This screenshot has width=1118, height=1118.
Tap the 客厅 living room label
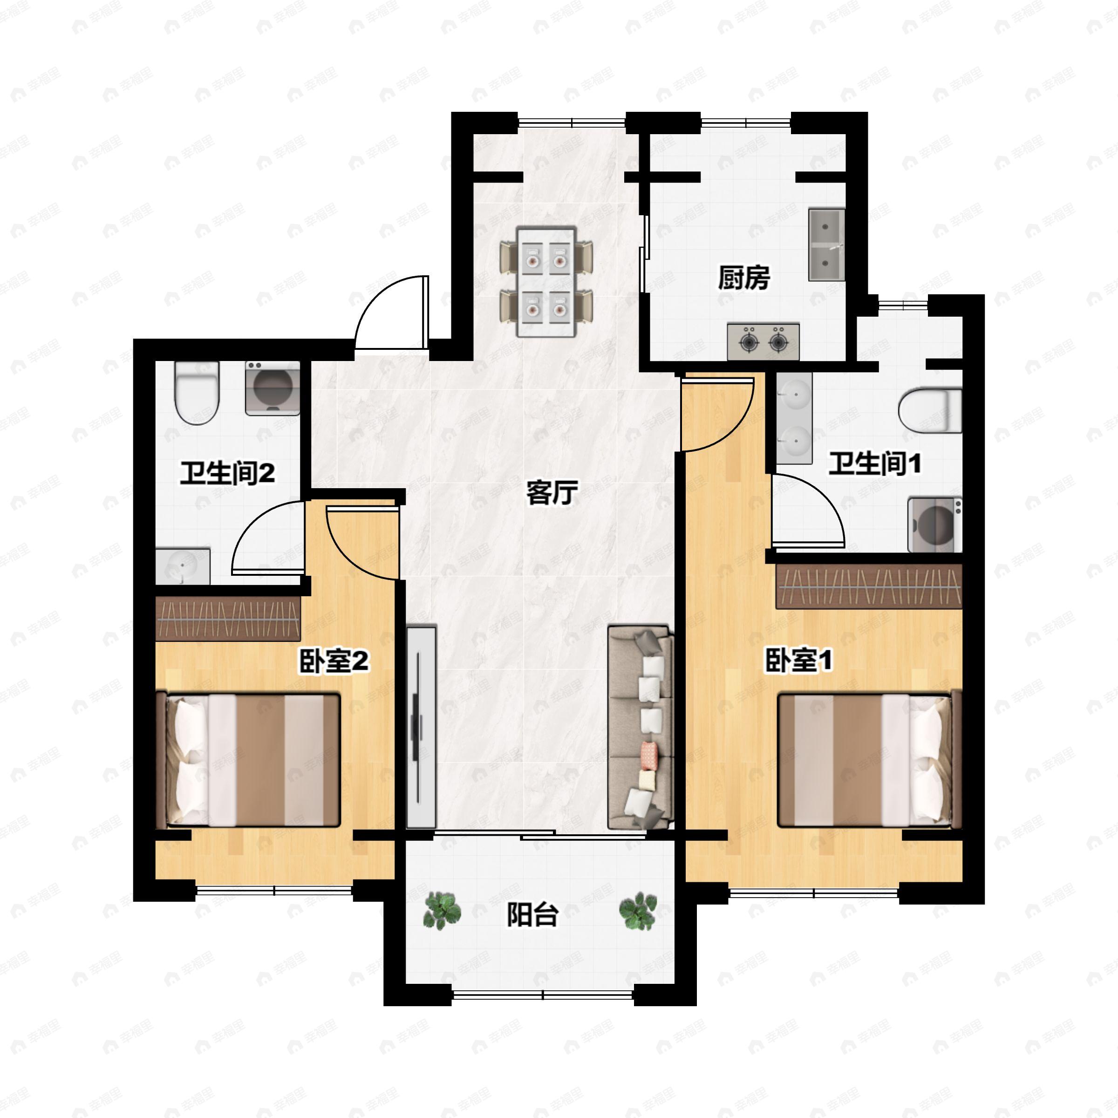[552, 492]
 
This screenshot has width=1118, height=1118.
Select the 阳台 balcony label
[532, 915]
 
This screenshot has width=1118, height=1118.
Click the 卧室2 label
[334, 661]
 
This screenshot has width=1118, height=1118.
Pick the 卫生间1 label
[874, 464]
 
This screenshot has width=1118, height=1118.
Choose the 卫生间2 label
[227, 473]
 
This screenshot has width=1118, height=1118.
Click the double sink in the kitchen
[826, 244]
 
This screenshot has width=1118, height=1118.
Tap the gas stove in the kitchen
[764, 341]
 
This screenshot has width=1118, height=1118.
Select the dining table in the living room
[546, 282]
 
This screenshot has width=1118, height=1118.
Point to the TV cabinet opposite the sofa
[421, 727]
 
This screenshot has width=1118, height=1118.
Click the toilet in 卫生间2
[197, 393]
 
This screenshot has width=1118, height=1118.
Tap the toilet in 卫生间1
[930, 410]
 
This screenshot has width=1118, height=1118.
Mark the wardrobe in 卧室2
[228, 619]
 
